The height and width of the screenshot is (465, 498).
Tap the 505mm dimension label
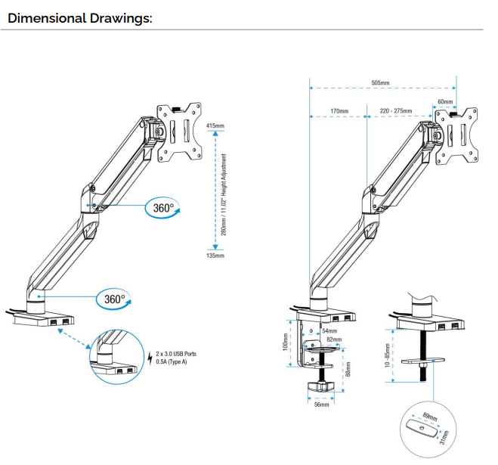click(381, 83)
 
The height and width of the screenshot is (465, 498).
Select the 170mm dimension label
click(339, 111)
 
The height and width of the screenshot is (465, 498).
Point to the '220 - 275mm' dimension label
click(397, 111)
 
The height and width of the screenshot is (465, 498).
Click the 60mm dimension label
click(445, 101)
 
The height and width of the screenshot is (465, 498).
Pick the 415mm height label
click(215, 126)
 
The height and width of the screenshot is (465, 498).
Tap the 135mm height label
click(215, 256)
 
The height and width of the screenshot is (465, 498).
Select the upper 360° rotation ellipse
click(164, 208)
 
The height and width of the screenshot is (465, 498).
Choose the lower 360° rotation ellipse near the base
click(114, 299)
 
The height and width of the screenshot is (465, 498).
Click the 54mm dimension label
click(329, 330)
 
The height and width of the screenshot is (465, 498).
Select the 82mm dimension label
click(334, 339)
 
